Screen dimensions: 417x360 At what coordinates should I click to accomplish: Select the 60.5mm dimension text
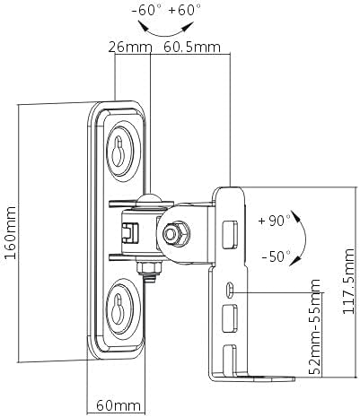[193, 47]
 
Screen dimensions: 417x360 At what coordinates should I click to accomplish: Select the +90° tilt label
[273, 220]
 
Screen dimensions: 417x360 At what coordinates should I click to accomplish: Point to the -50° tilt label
[275, 256]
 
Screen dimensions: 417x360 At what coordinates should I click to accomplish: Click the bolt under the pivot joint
[146, 267]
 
